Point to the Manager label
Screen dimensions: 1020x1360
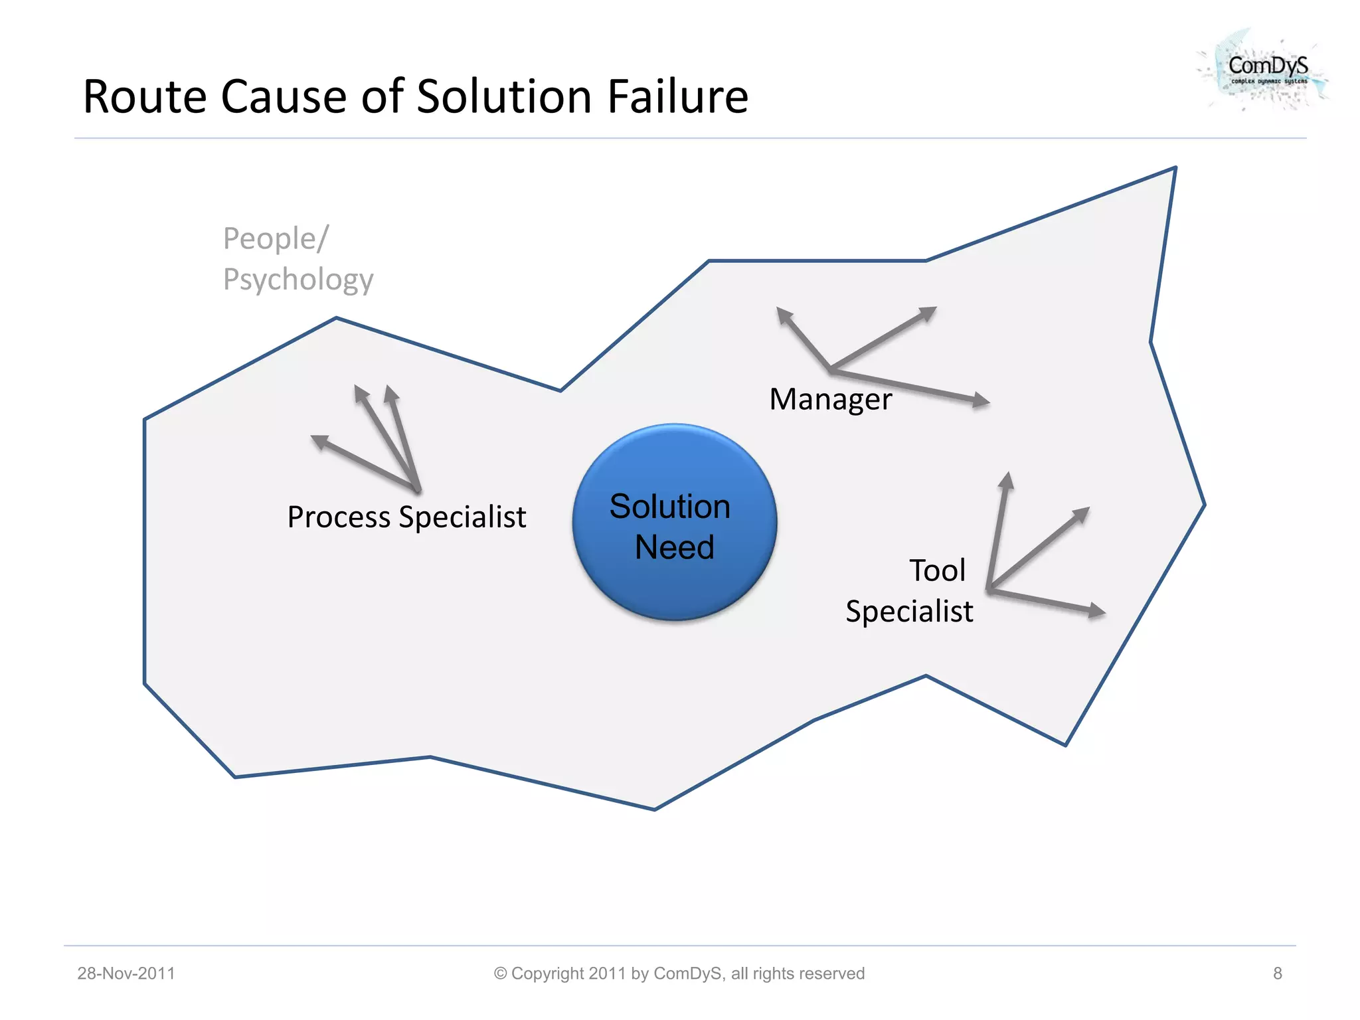pos(830,400)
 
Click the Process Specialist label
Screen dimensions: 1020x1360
pos(406,517)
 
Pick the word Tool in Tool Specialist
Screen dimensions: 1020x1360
pos(937,570)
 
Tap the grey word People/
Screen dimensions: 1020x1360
pos(276,239)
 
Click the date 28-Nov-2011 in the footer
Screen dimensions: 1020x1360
pos(126,974)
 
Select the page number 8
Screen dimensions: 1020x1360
pos(1277,974)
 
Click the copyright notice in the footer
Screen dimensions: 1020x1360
pos(679,974)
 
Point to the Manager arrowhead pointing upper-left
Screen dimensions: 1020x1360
pos(784,315)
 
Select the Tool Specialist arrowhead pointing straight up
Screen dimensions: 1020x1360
pos(1007,480)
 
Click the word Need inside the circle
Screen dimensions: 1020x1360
pos(674,548)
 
